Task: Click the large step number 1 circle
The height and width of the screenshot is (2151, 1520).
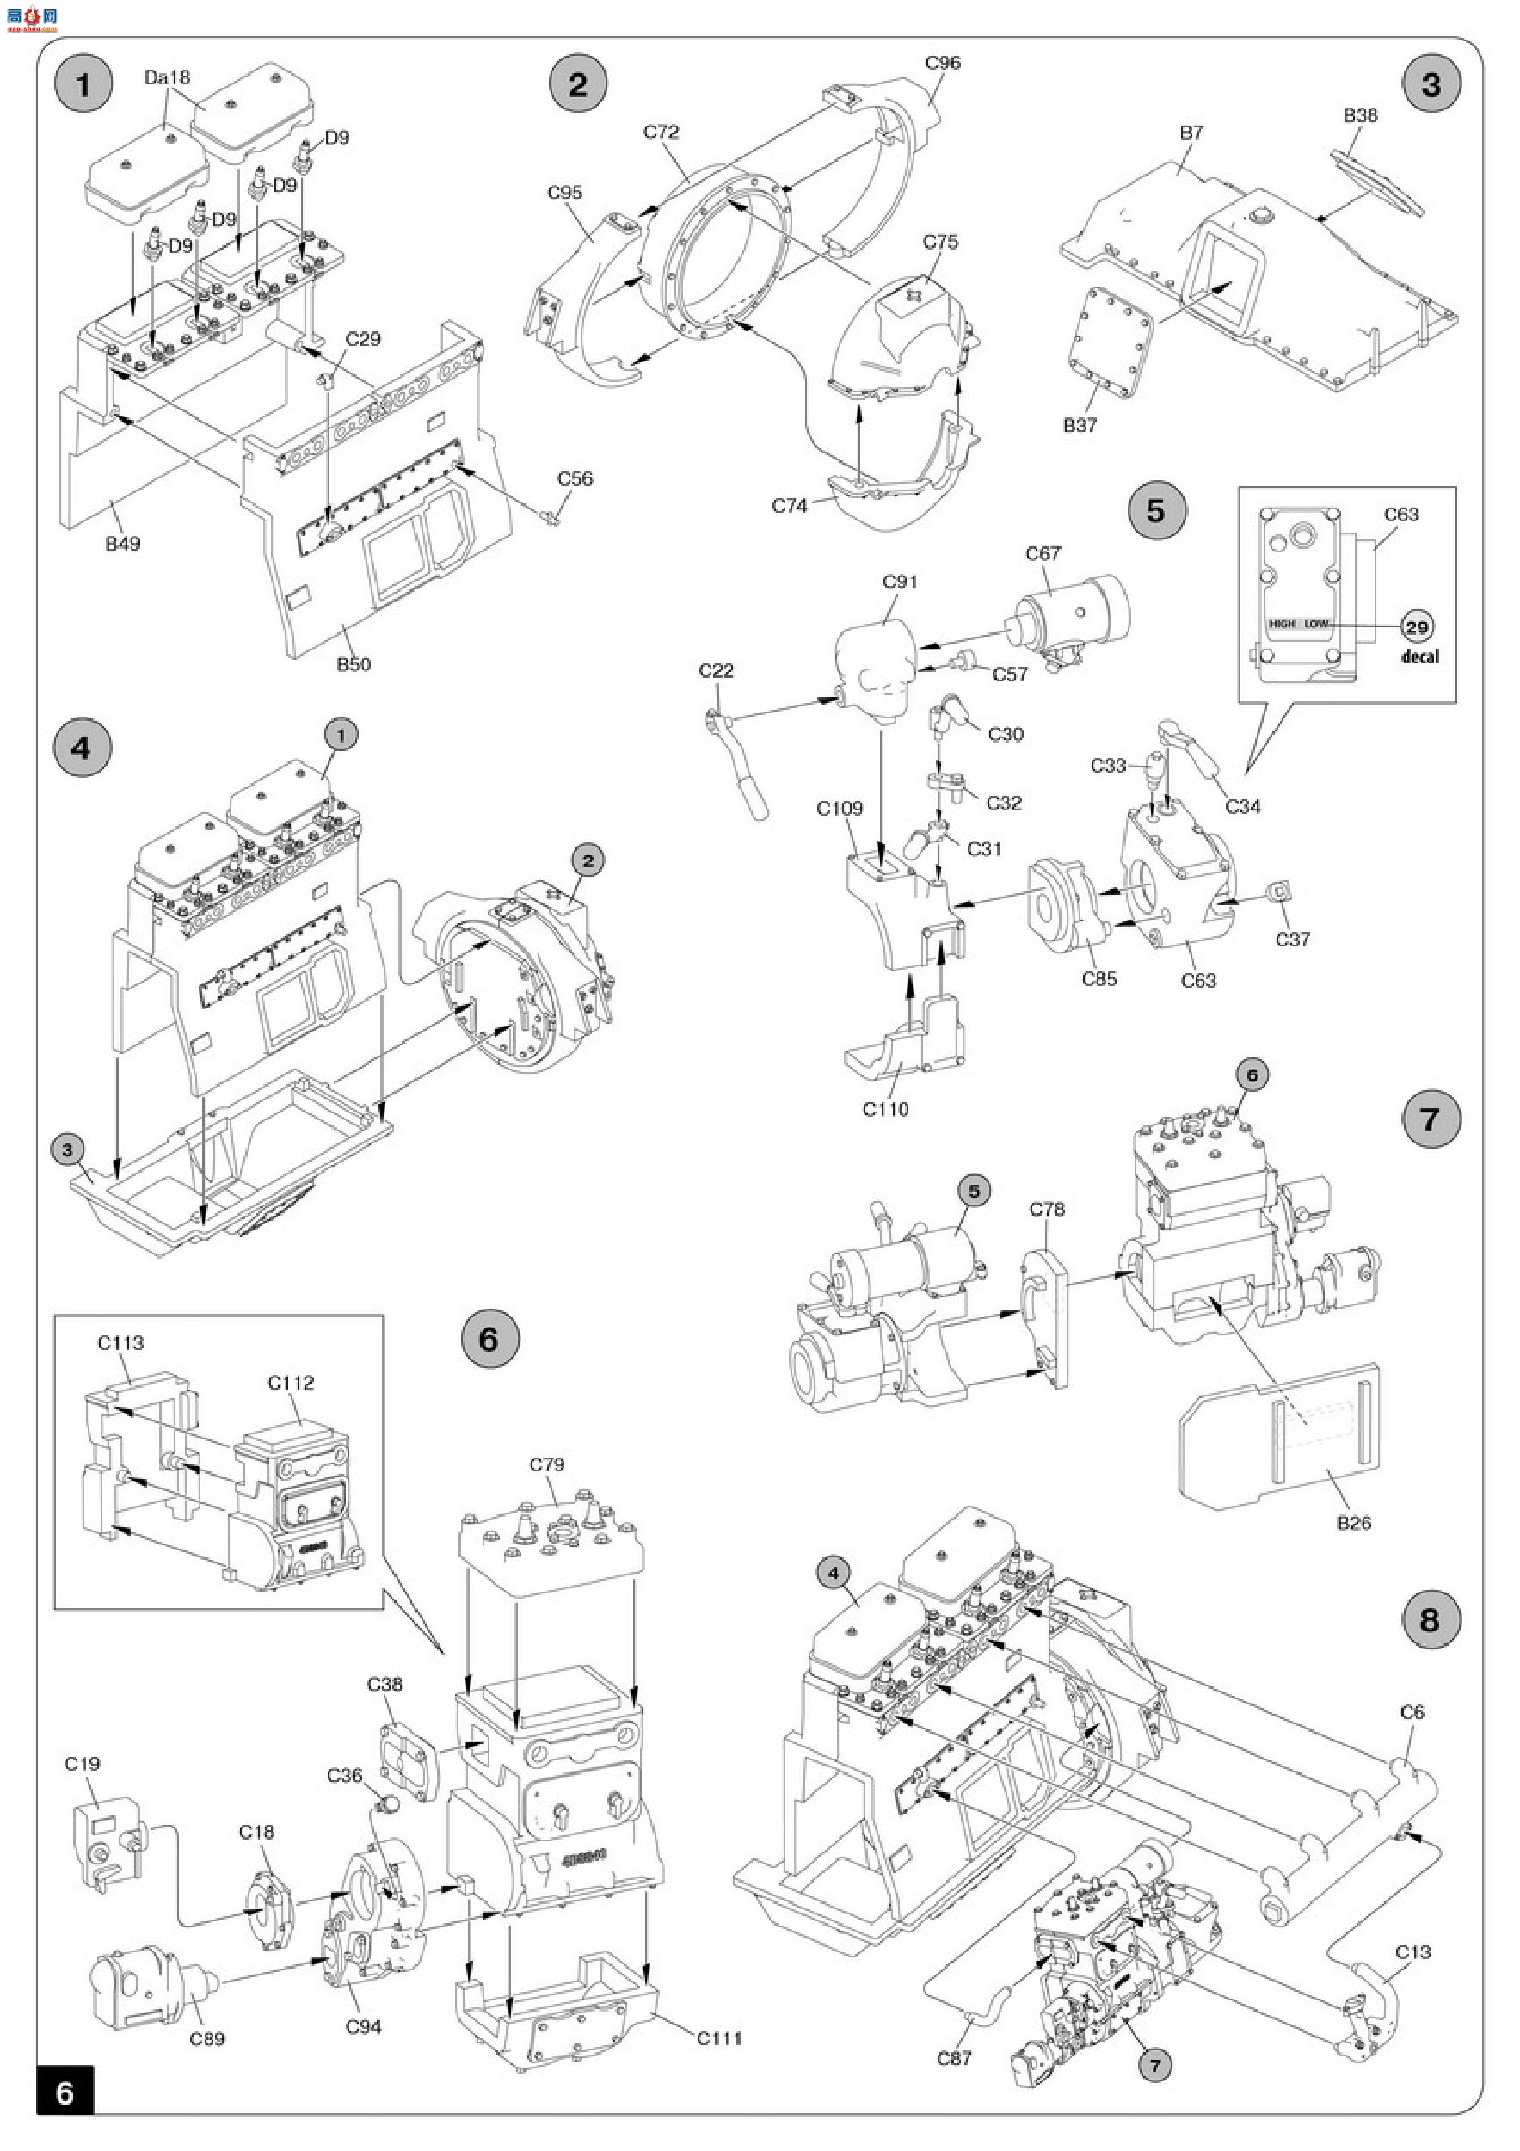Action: (x=83, y=84)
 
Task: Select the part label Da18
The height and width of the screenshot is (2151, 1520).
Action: (x=168, y=77)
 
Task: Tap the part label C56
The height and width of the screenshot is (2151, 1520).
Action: (x=575, y=478)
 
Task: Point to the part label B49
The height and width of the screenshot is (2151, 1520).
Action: (x=123, y=544)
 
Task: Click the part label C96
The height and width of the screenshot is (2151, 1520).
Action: (x=943, y=63)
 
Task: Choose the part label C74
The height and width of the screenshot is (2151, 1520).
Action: (x=790, y=506)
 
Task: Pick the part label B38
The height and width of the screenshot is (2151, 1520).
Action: (x=1361, y=115)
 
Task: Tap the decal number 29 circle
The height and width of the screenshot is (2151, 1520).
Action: (x=1417, y=626)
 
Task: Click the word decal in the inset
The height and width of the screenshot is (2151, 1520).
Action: (x=1420, y=656)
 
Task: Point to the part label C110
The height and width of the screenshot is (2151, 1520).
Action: (x=885, y=1109)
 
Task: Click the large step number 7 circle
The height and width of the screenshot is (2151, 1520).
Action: (x=1430, y=1119)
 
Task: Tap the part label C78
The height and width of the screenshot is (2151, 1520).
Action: (x=1047, y=1210)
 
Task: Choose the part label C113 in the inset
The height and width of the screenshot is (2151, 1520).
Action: (x=120, y=1342)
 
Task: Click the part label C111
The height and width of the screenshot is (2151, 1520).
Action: (x=719, y=2037)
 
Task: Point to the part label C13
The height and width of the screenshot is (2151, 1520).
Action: (x=1413, y=1951)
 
